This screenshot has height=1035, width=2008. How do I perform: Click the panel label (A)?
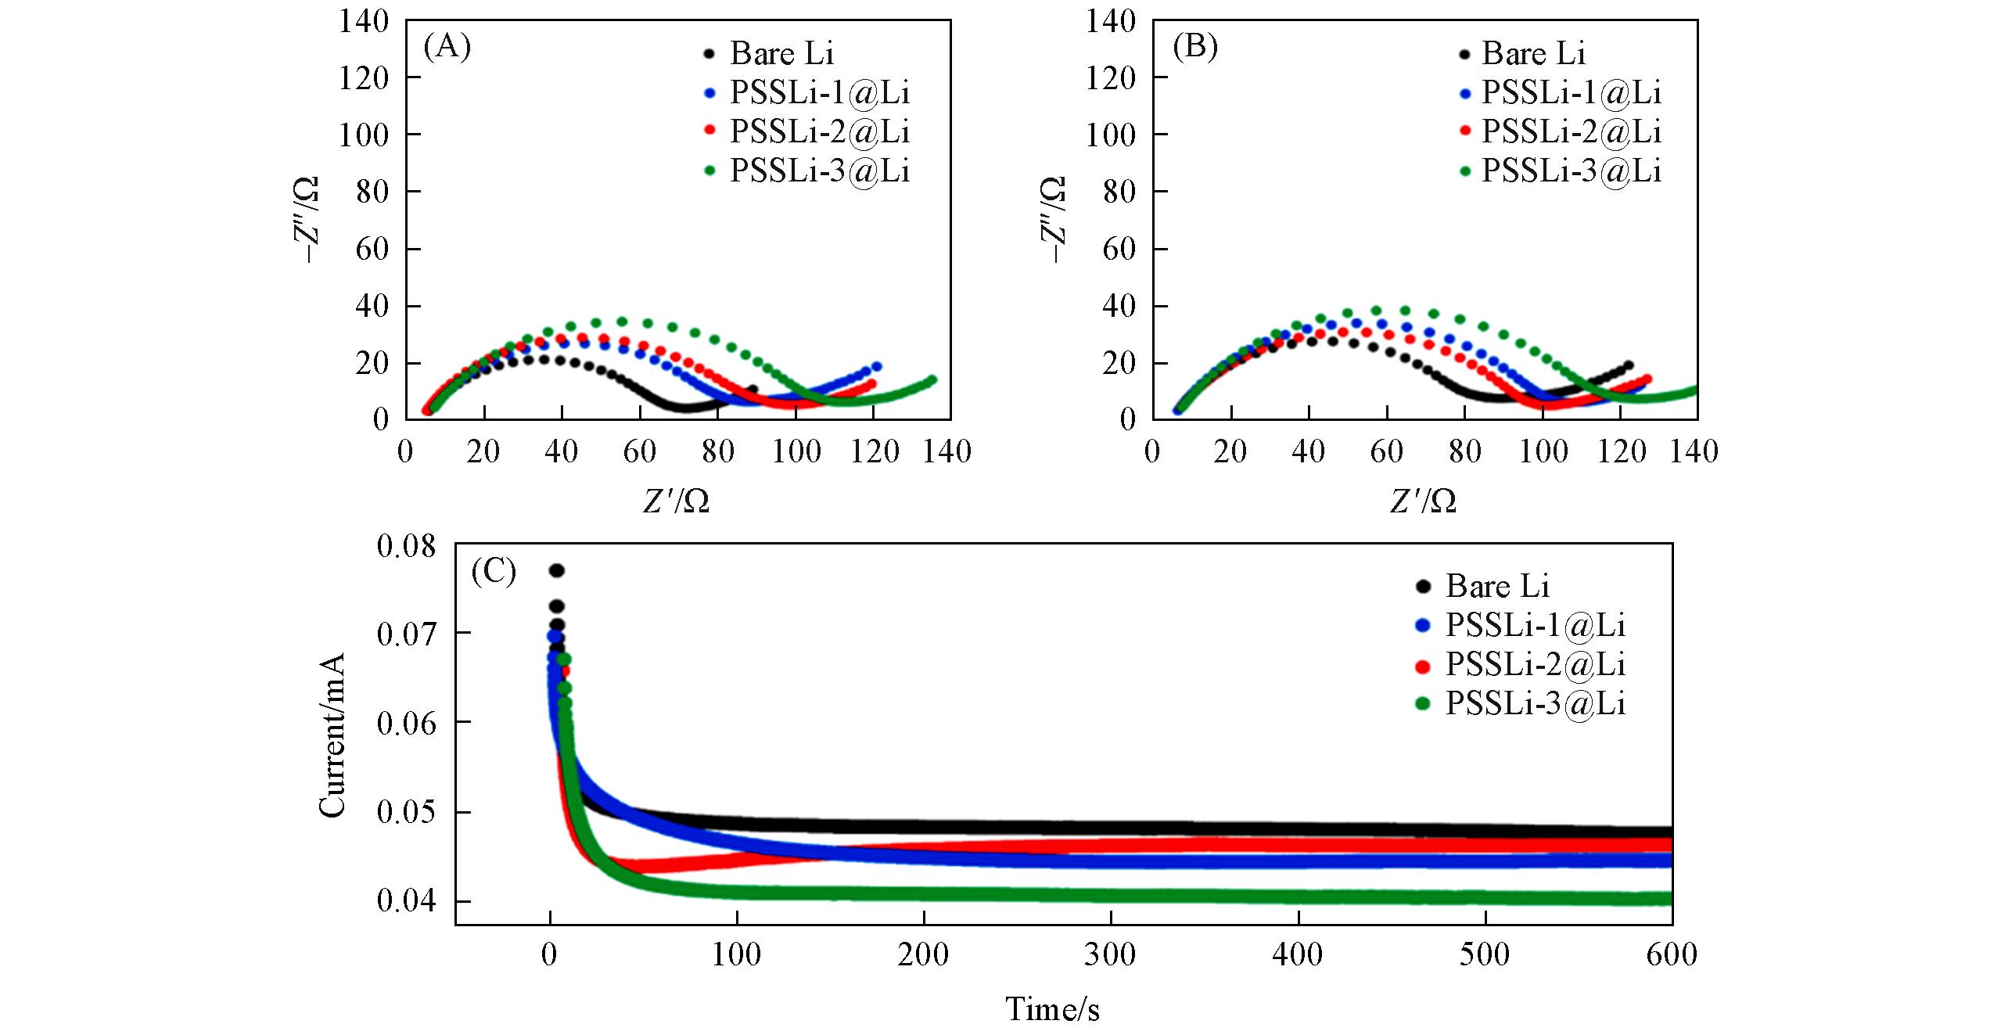click(447, 49)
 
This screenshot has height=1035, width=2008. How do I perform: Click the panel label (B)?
click(1195, 49)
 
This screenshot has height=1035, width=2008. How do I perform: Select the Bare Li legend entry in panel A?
click(781, 54)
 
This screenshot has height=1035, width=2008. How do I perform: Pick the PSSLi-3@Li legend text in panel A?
click(820, 171)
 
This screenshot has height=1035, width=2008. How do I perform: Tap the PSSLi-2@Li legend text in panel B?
click(1572, 131)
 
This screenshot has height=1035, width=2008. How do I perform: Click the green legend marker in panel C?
click(1423, 704)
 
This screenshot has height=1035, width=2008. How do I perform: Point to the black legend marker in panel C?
click(1423, 586)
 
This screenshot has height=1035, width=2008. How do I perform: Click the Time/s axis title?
click(1052, 1009)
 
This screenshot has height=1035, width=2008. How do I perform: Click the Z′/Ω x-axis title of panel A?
click(677, 501)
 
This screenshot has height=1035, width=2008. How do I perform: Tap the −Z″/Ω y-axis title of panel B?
click(1053, 219)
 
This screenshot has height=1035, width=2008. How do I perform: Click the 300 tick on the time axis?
click(1110, 955)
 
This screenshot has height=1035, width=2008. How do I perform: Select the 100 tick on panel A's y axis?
click(364, 135)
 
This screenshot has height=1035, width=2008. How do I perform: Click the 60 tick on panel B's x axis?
click(1386, 451)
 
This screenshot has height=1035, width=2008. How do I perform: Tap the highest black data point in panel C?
click(556, 570)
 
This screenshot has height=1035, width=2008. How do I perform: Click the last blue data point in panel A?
click(876, 366)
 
